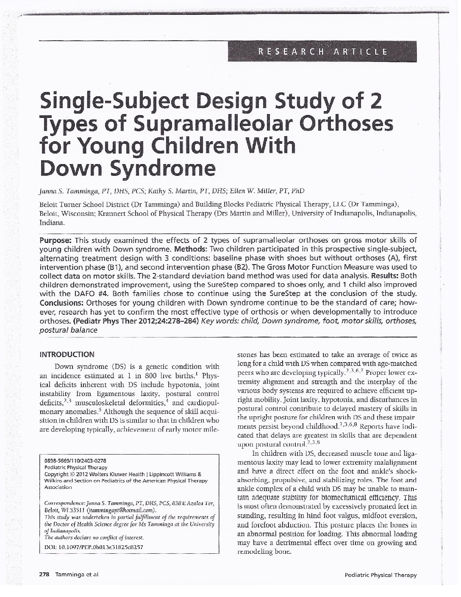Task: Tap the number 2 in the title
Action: tap(373, 100)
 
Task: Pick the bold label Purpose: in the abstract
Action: tap(58, 240)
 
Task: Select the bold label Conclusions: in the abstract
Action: tap(61, 303)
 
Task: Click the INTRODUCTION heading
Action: tap(67, 354)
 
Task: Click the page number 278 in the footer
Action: tap(44, 575)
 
